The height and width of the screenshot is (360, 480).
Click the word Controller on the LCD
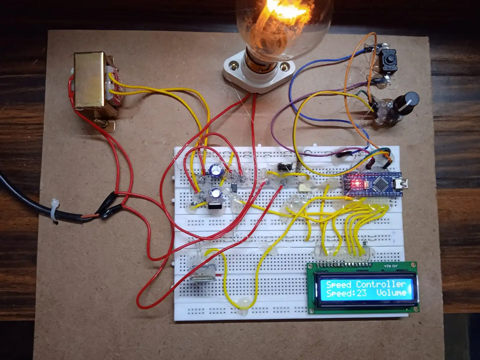[380, 284]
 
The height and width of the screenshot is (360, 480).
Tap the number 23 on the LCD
[361, 293]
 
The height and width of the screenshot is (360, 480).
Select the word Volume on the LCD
[391, 293]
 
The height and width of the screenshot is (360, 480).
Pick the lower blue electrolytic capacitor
[215, 193]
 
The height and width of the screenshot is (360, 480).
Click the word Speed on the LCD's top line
[338, 284]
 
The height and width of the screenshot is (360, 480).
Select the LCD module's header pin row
[345, 265]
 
